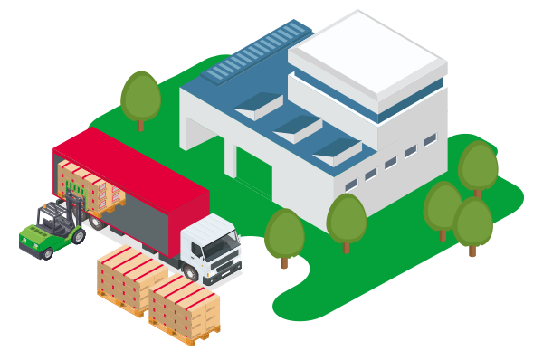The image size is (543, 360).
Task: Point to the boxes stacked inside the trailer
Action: pyautogui.click(x=90, y=186)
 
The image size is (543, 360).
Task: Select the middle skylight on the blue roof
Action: pyautogui.click(x=299, y=127)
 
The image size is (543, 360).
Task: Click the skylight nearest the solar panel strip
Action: pyautogui.click(x=258, y=106)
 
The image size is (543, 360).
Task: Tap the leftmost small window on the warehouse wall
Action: pyautogui.click(x=349, y=185)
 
